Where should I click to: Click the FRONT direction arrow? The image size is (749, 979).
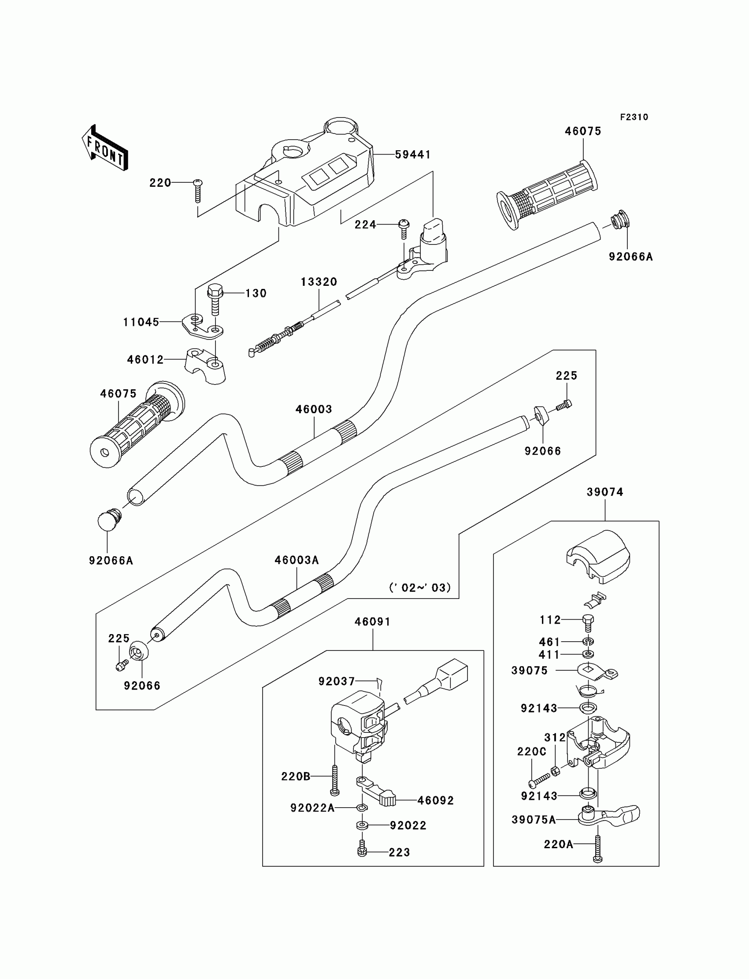[105, 148]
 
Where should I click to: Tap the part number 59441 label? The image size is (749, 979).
[413, 155]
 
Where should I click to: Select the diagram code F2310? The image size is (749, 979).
[634, 117]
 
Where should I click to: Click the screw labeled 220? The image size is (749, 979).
[198, 191]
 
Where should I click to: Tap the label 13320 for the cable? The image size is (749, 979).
[319, 282]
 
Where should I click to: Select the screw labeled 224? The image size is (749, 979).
[404, 229]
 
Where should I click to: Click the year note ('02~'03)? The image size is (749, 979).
[420, 588]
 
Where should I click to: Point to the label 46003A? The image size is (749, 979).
[297, 560]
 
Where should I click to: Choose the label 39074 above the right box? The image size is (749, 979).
[604, 492]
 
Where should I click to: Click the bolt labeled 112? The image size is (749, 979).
[588, 623]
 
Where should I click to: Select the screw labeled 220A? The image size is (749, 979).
[597, 849]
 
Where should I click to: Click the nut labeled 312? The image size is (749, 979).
[556, 770]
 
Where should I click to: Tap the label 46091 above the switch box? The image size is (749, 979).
[373, 622]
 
